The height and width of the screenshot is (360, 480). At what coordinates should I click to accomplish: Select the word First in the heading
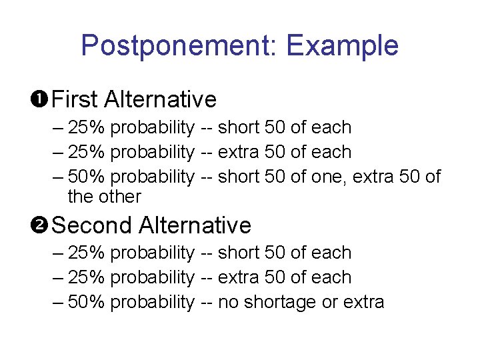point(74,99)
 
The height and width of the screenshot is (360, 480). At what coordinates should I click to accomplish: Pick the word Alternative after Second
point(195,225)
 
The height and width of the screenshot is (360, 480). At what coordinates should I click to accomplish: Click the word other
point(119,197)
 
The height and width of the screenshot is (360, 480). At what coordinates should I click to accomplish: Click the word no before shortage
point(228,303)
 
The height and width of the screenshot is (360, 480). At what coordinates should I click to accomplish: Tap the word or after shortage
point(329,303)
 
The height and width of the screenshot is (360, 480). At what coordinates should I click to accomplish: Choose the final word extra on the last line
point(363,303)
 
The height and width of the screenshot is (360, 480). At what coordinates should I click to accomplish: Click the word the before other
point(80,197)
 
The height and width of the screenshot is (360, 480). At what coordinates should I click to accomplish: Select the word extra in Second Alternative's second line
point(239,277)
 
